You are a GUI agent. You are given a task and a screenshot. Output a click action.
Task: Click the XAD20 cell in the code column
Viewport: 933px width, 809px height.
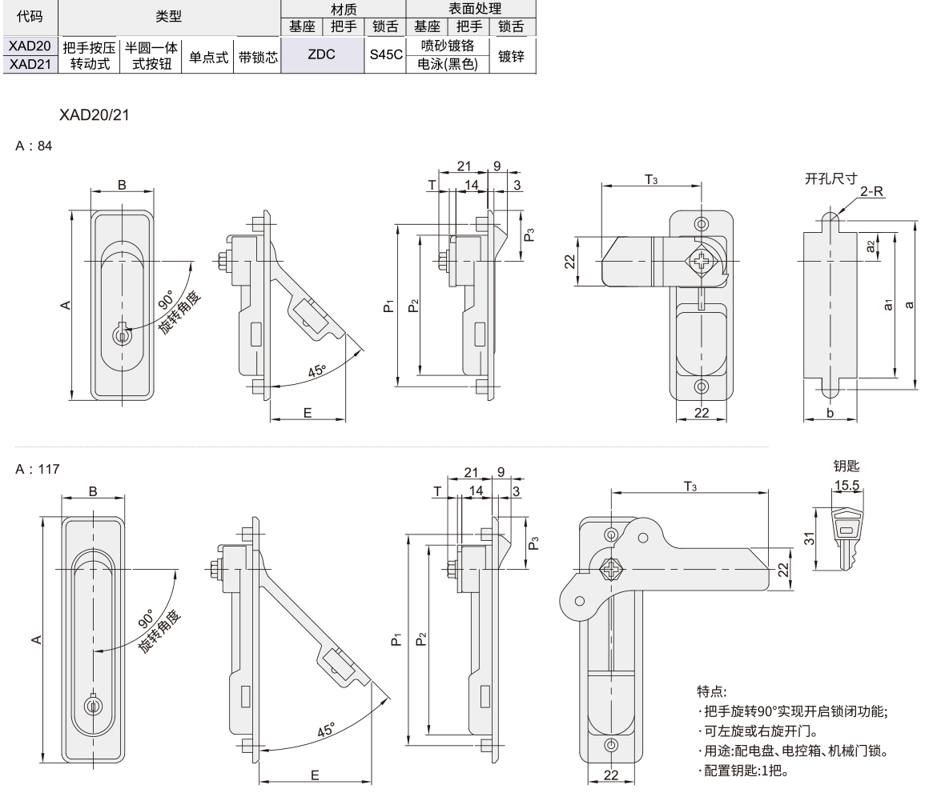click(x=30, y=47)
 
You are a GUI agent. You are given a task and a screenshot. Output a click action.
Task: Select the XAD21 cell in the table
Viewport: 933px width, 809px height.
click(x=30, y=64)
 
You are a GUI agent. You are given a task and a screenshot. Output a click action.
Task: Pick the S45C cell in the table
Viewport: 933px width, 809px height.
click(x=385, y=56)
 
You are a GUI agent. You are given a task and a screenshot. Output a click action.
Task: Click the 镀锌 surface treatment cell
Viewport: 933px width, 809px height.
click(x=511, y=56)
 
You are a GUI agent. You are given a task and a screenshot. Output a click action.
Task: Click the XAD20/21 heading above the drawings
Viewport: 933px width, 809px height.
click(x=94, y=115)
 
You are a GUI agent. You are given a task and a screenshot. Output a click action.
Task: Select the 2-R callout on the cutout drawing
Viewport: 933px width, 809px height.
click(x=872, y=193)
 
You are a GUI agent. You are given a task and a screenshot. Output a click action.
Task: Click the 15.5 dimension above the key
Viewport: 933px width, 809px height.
click(x=847, y=485)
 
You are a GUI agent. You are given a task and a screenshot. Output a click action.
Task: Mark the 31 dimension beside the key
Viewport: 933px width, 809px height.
click(x=810, y=539)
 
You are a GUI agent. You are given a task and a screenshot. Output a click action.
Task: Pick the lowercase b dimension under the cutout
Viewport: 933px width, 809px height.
click(x=830, y=413)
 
